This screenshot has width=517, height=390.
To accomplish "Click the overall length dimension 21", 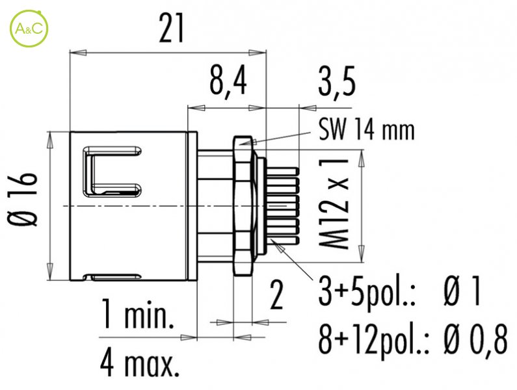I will click(170, 29).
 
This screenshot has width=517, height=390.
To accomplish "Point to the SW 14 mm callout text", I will click(366, 132).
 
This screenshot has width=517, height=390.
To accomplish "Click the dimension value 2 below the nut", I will click(277, 296).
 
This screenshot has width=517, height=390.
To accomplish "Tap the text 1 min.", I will click(137, 318).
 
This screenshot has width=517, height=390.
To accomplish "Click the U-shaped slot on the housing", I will click(111, 172).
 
